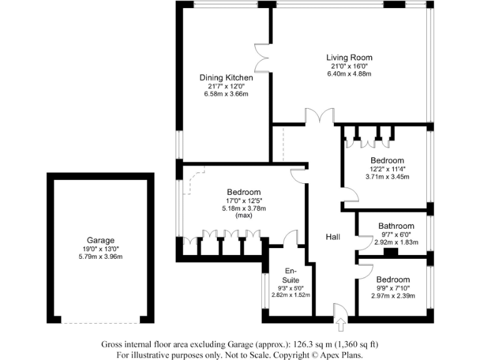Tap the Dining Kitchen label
[x=226, y=77]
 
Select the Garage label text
[x=101, y=240]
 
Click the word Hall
[x=332, y=237]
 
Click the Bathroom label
[x=396, y=226]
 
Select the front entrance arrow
[x=341, y=326]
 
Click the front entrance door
[x=341, y=311]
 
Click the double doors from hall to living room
[x=319, y=116]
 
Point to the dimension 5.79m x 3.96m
[x=101, y=256]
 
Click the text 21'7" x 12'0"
[x=226, y=86]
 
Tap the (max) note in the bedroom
[x=243, y=216]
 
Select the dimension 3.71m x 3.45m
[x=386, y=177]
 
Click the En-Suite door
[x=290, y=237]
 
